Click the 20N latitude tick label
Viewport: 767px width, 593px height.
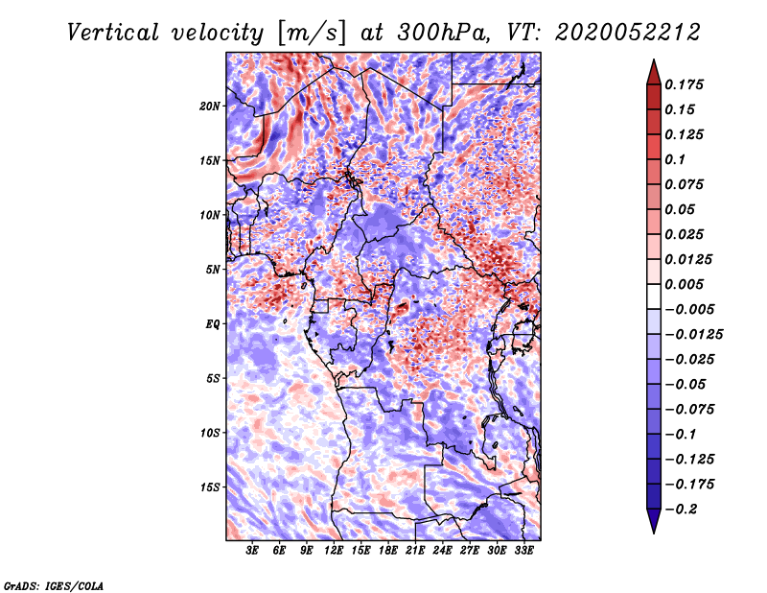[x=210, y=106]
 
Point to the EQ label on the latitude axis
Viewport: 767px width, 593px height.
[x=213, y=324]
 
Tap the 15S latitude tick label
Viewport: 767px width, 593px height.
[x=210, y=487]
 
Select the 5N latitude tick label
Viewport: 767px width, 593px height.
[x=213, y=270]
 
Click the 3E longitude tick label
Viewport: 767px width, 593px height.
[x=252, y=550]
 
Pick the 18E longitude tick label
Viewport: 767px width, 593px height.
[x=388, y=550]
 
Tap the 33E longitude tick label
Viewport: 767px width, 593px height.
[x=523, y=550]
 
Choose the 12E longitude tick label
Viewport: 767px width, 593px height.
[x=334, y=550]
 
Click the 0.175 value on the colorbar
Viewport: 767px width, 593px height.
[x=684, y=84]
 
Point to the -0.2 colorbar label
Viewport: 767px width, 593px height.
[x=681, y=510]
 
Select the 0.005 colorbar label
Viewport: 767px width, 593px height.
[x=684, y=284]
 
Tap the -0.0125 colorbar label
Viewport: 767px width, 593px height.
[x=693, y=335]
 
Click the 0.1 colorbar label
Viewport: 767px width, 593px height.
[x=675, y=159]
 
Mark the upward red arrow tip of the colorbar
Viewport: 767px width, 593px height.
[x=654, y=59]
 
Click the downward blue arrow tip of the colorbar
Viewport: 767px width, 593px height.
[x=654, y=533]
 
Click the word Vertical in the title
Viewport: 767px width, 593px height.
[x=113, y=33]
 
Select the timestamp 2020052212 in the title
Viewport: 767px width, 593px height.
[x=628, y=33]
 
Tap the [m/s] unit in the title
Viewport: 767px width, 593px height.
[x=312, y=34]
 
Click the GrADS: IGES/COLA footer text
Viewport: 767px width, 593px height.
[x=54, y=586]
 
